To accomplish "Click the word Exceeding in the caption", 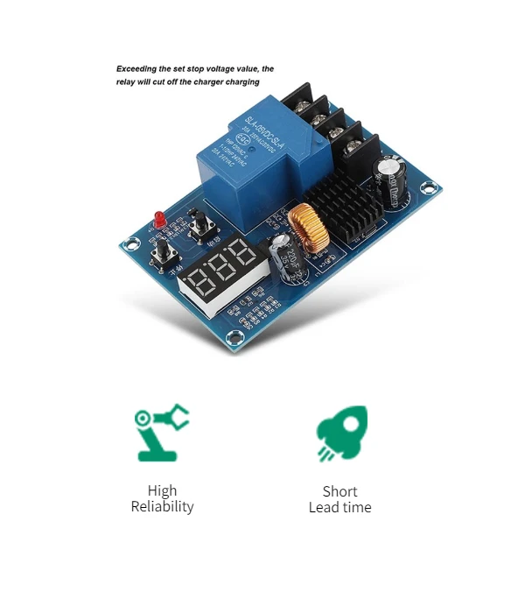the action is [140, 68].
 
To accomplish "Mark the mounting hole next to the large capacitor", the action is [428, 187].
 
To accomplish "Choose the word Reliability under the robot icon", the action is [162, 506].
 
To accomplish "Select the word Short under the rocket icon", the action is [339, 491].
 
